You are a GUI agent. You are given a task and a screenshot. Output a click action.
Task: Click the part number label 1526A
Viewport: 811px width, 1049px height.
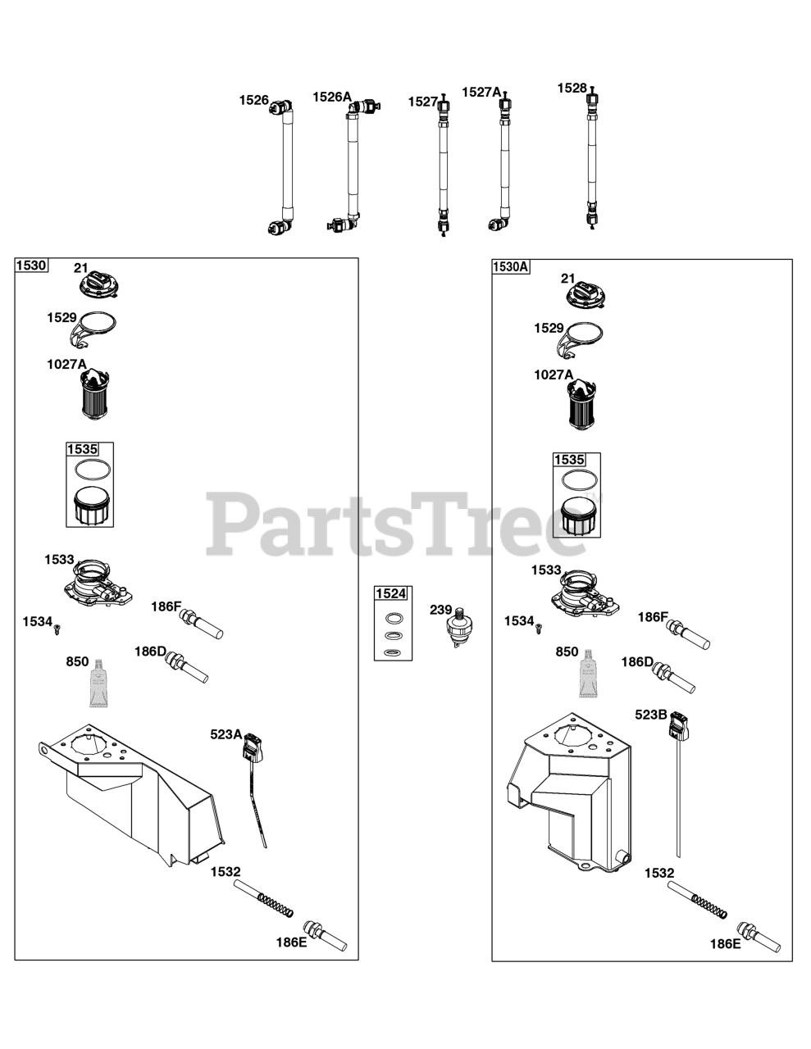331,97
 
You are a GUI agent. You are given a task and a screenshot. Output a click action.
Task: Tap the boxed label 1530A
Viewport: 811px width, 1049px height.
511,266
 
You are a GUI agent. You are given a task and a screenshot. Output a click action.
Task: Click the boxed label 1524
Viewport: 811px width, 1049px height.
391,593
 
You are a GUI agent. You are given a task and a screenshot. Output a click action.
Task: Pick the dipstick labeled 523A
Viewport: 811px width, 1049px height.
253,779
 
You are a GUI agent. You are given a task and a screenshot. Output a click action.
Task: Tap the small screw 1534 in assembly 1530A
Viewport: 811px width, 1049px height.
540,628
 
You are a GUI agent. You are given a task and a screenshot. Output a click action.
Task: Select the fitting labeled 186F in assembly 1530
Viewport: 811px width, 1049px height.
203,623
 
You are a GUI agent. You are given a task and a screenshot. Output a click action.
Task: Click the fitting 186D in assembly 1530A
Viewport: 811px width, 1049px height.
673,676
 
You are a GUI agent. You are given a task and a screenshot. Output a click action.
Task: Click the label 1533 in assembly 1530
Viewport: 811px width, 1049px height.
59,560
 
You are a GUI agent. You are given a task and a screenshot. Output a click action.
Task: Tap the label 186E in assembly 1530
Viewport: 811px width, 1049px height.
291,942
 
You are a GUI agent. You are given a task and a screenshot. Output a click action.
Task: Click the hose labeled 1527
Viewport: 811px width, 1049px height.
444,164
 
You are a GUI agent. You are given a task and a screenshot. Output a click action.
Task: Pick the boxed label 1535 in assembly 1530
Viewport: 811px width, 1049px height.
82,449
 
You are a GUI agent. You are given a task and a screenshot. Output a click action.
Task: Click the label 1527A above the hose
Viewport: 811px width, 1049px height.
481,93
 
